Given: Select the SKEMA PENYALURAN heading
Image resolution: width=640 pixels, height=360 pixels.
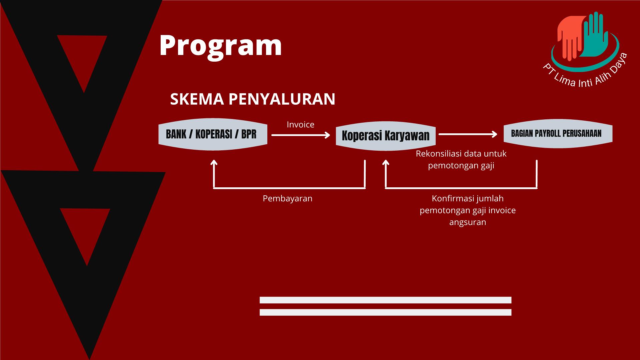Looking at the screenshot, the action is pyautogui.click(x=253, y=99).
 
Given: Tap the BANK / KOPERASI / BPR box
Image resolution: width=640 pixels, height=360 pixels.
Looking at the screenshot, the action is pyautogui.click(x=213, y=134).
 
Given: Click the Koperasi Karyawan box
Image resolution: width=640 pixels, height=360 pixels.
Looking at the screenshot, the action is pyautogui.click(x=386, y=136).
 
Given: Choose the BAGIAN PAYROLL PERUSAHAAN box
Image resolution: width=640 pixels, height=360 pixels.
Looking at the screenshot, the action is pyautogui.click(x=558, y=134).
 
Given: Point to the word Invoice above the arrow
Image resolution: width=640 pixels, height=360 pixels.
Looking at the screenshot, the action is pyautogui.click(x=301, y=124).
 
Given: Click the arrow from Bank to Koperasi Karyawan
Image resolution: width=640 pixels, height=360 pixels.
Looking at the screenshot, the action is pyautogui.click(x=301, y=135).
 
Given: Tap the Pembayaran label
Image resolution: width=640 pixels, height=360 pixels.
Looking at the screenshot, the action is pyautogui.click(x=288, y=198).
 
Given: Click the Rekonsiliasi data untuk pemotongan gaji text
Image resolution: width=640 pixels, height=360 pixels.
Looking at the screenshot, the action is pyautogui.click(x=461, y=160).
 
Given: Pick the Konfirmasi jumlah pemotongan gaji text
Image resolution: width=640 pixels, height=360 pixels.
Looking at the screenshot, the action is pyautogui.click(x=468, y=210).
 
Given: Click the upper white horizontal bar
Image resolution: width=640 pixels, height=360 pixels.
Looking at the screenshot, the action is pyautogui.click(x=385, y=300).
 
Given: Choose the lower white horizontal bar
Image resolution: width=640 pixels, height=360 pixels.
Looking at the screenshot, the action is pyautogui.click(x=385, y=312).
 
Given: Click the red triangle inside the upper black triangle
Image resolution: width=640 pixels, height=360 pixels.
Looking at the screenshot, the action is pyautogui.click(x=82, y=57).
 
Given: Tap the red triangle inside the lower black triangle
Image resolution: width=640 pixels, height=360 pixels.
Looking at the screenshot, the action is pyautogui.click(x=85, y=230).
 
